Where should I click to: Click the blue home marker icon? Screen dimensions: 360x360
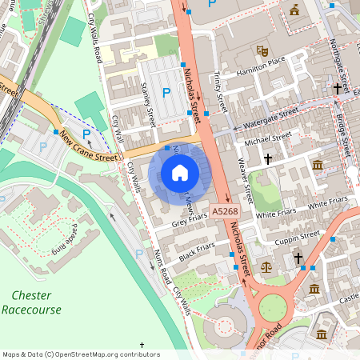pyautogui.click(x=180, y=172)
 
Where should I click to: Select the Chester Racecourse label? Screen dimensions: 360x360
pyautogui.click(x=31, y=302)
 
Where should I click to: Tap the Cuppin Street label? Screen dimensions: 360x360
pyautogui.click(x=297, y=239)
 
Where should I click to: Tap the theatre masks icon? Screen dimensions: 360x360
pyautogui.click(x=261, y=50)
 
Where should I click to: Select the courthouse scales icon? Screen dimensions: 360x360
pyautogui.click(x=266, y=263)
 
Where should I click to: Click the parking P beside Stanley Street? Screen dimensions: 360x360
pyautogui.click(x=166, y=93)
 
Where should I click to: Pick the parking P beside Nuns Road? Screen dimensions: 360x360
pyautogui.click(x=139, y=254)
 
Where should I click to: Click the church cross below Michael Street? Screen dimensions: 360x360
pyautogui.click(x=267, y=159)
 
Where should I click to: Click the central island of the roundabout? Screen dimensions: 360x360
pyautogui.click(x=272, y=306)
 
